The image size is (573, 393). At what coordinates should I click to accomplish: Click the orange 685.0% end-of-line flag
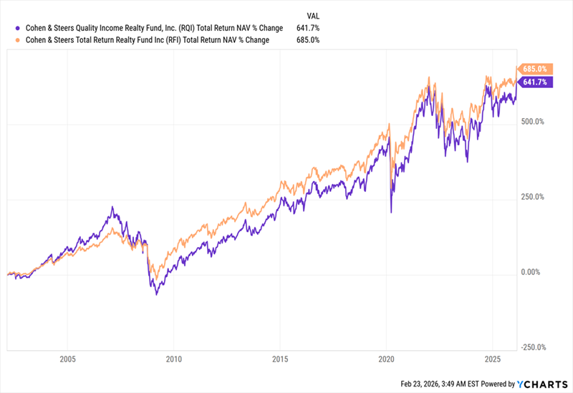534,69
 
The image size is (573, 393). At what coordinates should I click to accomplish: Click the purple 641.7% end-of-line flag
534,82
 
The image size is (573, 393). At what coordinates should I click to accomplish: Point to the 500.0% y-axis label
534,122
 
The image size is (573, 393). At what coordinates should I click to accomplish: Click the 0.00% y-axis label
531,272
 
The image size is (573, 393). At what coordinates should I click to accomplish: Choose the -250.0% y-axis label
534,348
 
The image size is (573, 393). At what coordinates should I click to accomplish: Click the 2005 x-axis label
68,359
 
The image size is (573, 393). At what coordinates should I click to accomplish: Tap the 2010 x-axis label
174,359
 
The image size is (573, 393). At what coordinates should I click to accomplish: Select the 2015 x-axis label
280,359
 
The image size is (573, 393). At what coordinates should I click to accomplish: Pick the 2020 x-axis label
386,359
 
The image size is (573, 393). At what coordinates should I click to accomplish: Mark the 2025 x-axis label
492,359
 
